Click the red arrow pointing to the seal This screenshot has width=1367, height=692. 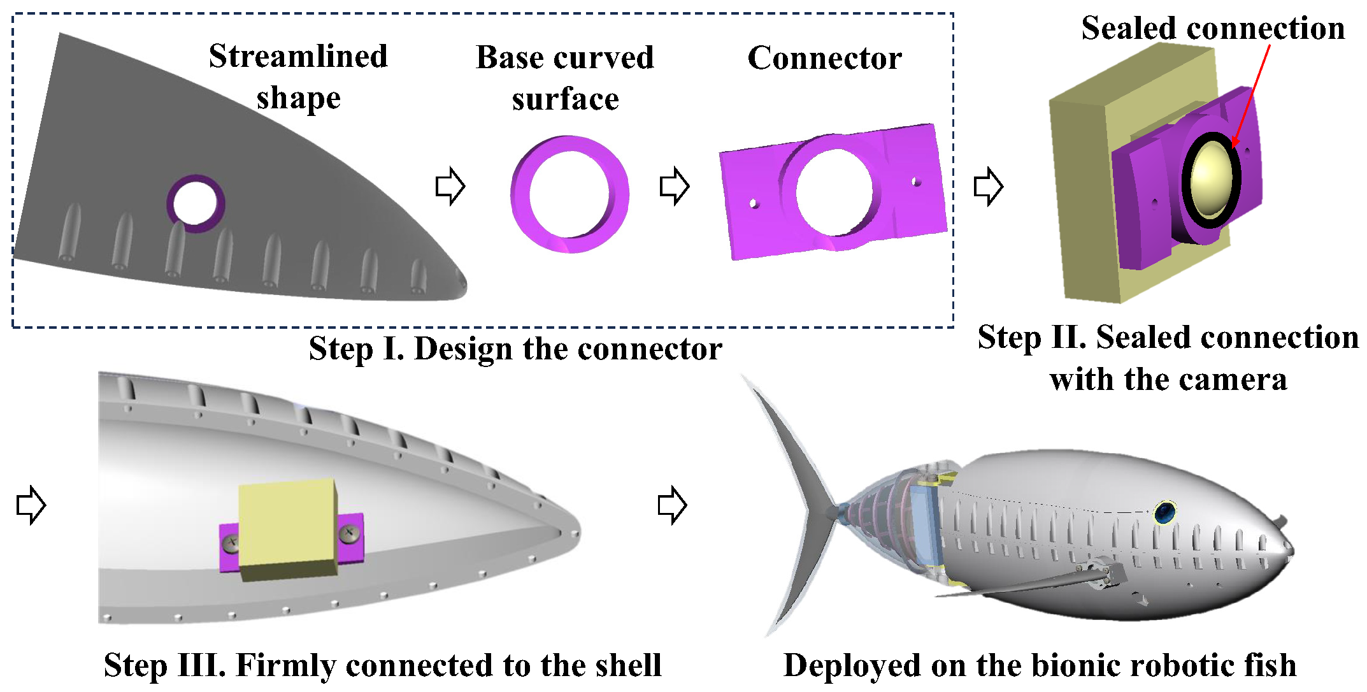(x=1251, y=96)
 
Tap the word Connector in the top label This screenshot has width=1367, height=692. (x=824, y=58)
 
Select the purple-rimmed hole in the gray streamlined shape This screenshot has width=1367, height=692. (x=196, y=203)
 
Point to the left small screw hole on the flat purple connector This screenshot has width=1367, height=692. (x=753, y=204)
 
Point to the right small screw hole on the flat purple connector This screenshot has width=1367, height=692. (x=916, y=182)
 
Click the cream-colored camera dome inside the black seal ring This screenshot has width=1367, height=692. (x=1211, y=178)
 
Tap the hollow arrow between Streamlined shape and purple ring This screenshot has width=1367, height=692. (x=450, y=186)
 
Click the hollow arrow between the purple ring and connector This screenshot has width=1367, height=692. (x=675, y=186)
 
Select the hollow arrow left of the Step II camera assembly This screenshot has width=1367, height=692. (x=989, y=186)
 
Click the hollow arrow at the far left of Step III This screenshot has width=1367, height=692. (x=31, y=505)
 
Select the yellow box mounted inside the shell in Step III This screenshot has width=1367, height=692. (x=288, y=529)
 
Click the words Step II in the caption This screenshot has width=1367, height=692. (x=1031, y=338)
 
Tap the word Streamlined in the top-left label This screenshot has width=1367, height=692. (x=297, y=56)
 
